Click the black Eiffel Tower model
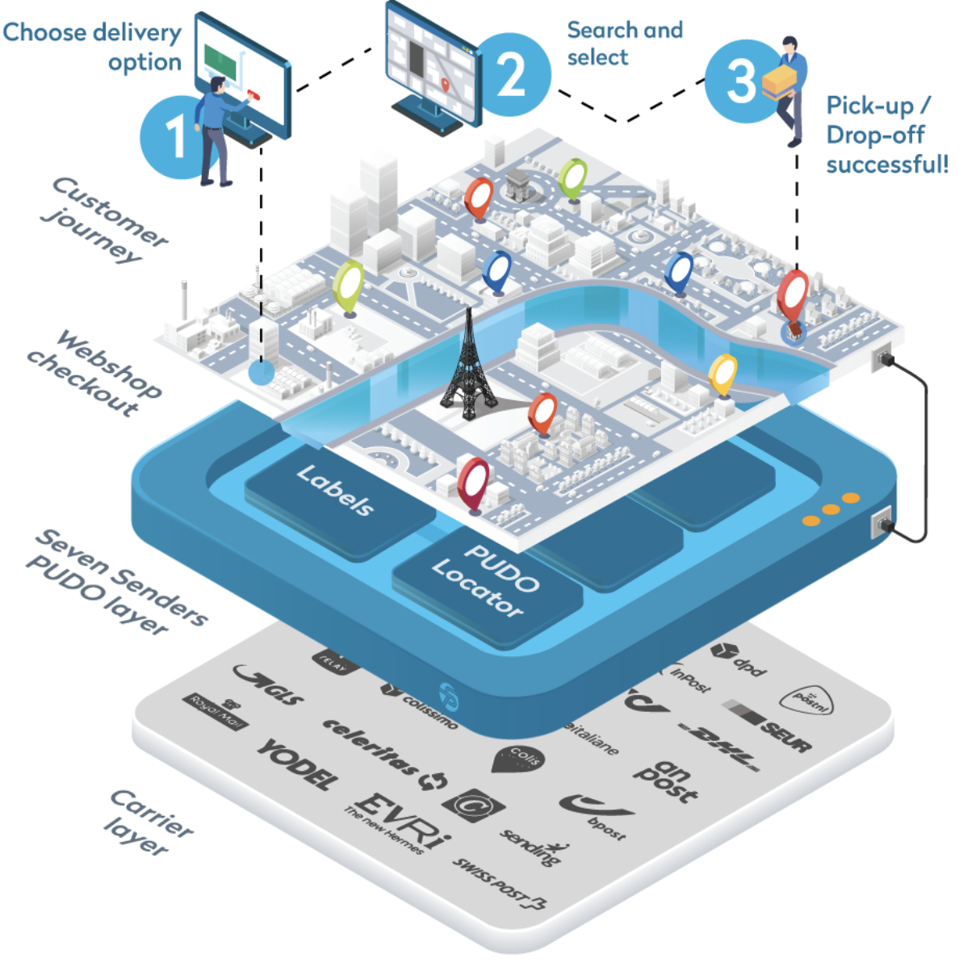pyautogui.click(x=468, y=363)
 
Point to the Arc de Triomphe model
pyautogui.click(x=517, y=186)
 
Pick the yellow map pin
pyautogui.click(x=722, y=374)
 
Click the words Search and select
pyautogui.click(x=624, y=44)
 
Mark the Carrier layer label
pyautogui.click(x=149, y=823)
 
